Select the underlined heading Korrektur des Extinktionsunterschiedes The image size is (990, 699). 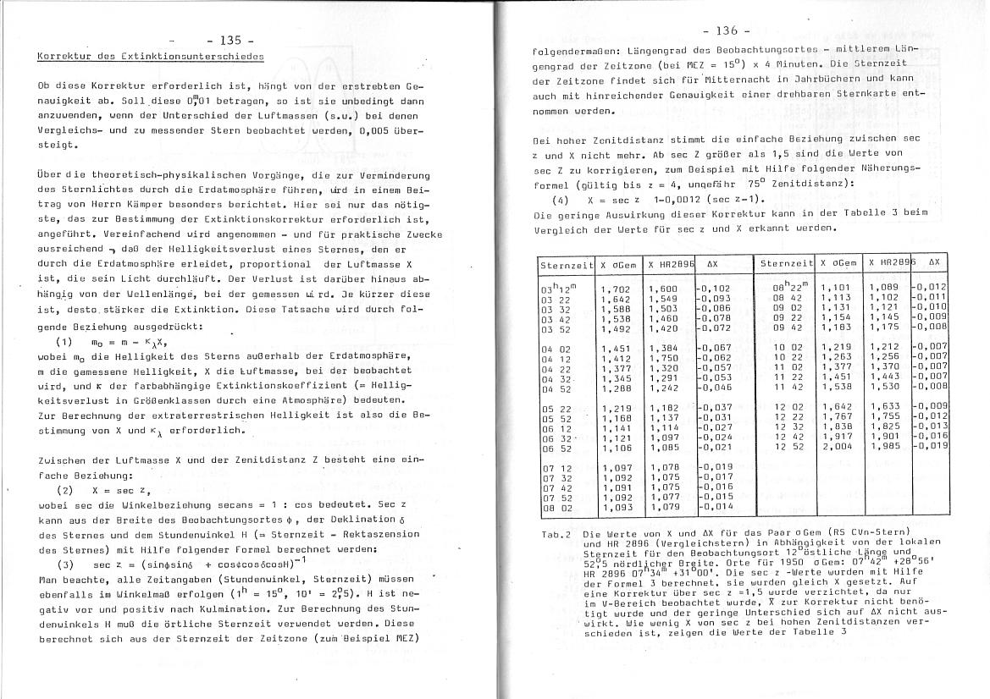[151, 57]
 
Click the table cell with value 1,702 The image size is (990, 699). [615, 289]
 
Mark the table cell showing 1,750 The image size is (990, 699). [663, 358]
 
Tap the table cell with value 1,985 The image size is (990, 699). [883, 445]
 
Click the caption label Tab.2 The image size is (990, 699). [555, 535]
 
